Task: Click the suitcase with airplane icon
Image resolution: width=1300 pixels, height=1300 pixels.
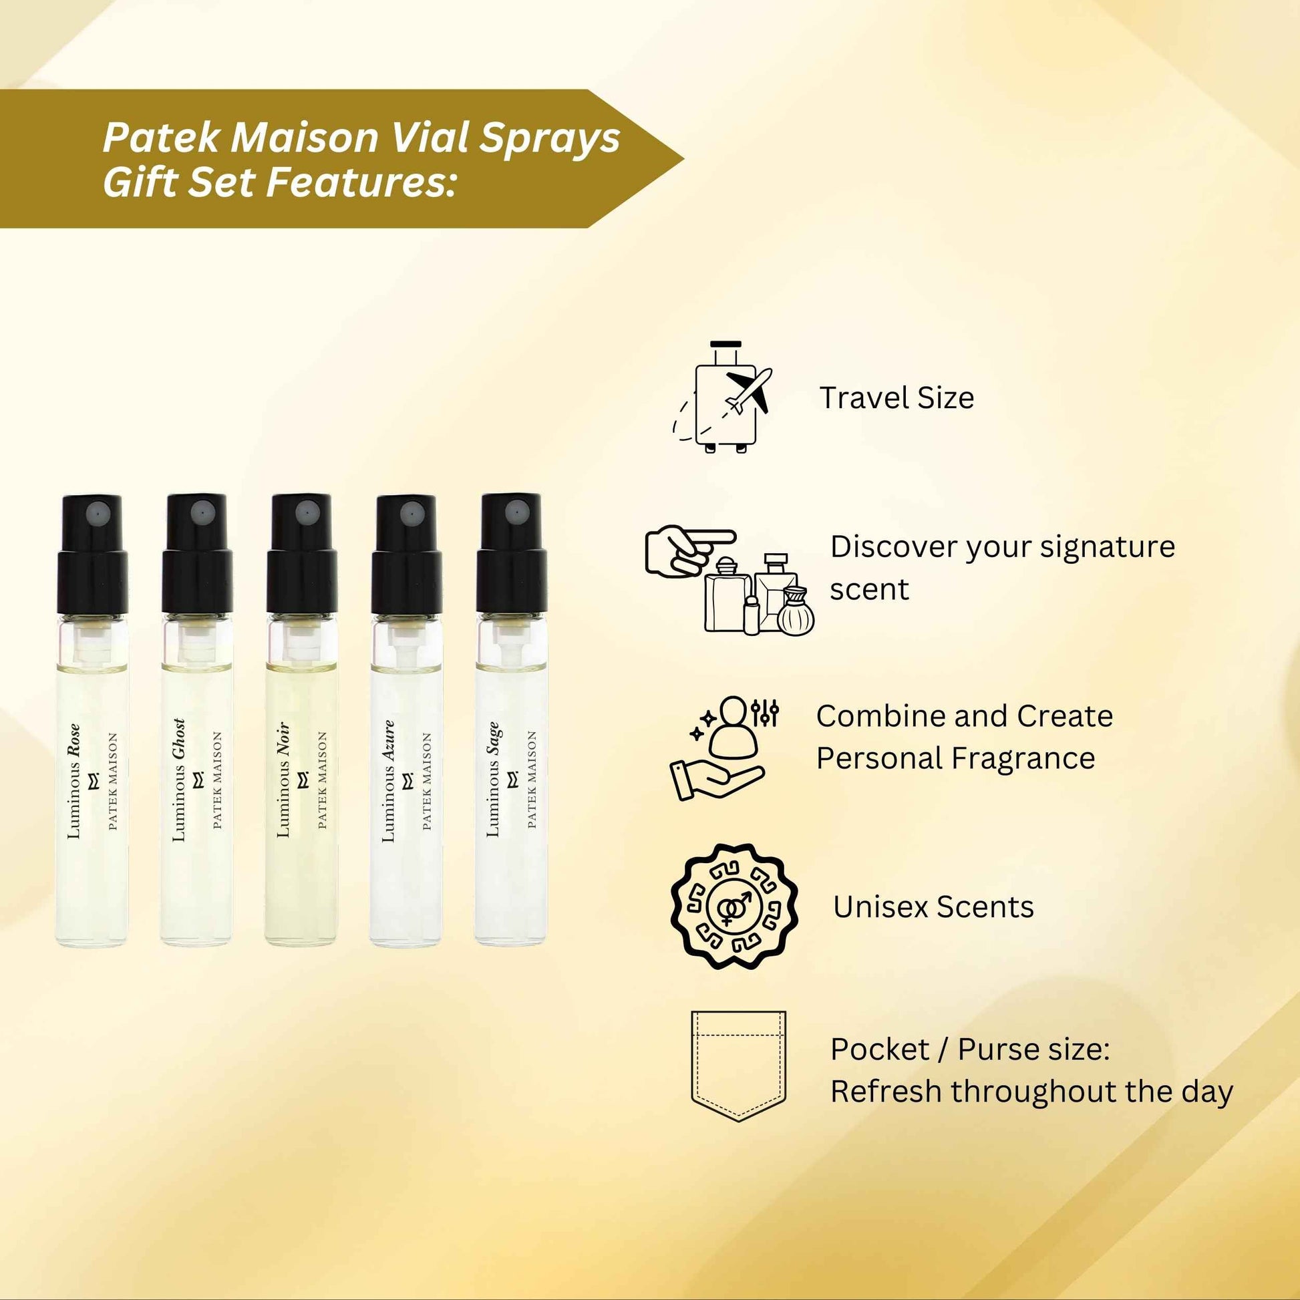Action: (723, 397)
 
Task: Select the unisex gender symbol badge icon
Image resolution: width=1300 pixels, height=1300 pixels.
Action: (734, 907)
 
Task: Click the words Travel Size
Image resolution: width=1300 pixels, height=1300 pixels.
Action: (897, 397)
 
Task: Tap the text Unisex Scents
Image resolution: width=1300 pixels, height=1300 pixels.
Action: (933, 907)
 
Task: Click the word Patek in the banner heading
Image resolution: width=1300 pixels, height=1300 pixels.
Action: (161, 138)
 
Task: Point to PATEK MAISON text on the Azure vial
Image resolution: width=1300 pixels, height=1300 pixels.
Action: (427, 781)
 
